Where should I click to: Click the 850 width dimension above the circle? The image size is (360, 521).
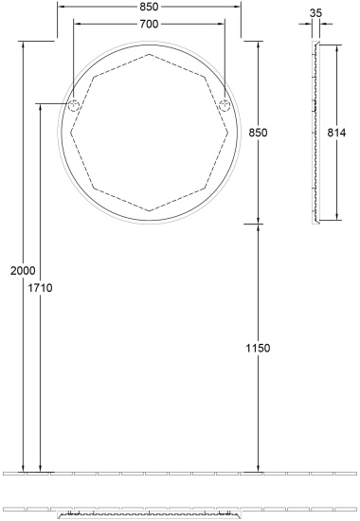(x=148, y=7)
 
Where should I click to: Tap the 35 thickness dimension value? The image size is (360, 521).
(x=315, y=14)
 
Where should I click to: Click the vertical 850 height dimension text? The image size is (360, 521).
(x=259, y=134)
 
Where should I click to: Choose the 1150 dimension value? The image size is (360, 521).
(x=259, y=349)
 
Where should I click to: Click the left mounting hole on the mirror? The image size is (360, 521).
(x=72, y=105)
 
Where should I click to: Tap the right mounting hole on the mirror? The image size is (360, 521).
(x=225, y=105)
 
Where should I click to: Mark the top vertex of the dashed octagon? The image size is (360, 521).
(x=149, y=55)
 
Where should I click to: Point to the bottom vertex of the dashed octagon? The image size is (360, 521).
(x=149, y=210)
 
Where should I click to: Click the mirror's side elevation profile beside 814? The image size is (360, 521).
(x=315, y=133)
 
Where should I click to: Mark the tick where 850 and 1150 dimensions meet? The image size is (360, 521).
(x=259, y=224)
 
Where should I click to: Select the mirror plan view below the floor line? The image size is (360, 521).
(x=148, y=515)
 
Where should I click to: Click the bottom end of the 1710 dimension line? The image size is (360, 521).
(x=40, y=471)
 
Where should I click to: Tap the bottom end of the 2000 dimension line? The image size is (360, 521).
(x=22, y=471)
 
